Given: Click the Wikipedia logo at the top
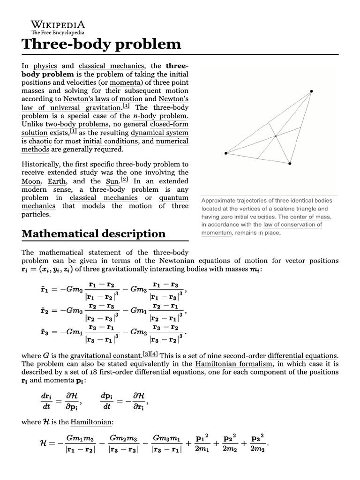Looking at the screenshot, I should (57, 27).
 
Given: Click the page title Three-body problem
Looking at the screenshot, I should (101, 44).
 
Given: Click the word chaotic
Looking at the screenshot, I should (41, 141).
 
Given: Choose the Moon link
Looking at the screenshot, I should (31, 181).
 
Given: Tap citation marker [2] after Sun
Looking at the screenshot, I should (124, 180).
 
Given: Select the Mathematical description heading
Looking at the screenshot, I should (93, 233).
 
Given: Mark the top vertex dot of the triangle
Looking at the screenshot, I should (311, 91).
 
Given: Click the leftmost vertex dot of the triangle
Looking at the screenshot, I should (225, 153).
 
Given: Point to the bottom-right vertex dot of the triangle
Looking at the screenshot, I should (290, 164).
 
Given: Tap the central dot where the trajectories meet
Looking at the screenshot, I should (276, 136).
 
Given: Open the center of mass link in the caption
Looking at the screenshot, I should (310, 217).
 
